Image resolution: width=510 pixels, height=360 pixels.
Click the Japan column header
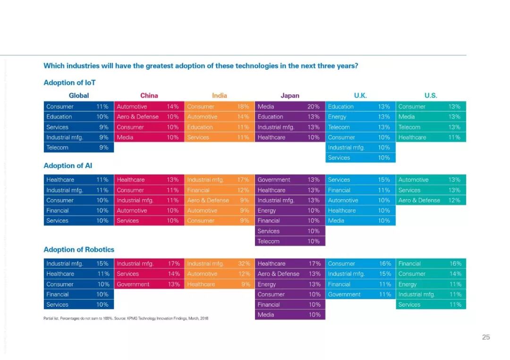coord(290,95)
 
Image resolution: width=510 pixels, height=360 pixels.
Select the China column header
coord(149,95)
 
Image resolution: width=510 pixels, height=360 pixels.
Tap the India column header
coord(219,95)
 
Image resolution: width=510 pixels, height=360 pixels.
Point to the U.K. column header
coord(360,95)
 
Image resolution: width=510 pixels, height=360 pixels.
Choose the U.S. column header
coord(431,95)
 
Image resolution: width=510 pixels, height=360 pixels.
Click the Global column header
coord(79,95)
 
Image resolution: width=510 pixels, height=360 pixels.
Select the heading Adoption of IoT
coord(69,83)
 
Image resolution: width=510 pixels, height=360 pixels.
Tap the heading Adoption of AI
coord(68,166)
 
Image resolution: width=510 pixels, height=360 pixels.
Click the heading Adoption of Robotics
coord(79,250)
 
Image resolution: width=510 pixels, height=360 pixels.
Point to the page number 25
coord(486,337)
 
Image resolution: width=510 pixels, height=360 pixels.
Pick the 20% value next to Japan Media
coord(314,107)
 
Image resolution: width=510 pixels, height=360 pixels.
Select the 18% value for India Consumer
coord(243,107)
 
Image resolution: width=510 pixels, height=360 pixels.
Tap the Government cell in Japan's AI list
coord(274,180)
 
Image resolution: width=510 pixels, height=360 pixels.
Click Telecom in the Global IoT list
coord(57,148)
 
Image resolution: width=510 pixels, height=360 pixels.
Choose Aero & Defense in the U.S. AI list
coord(419,200)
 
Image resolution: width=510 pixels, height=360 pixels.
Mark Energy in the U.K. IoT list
coord(337,117)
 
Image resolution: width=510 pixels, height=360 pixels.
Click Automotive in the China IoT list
coord(132,107)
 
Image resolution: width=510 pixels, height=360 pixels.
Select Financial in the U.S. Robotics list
coord(409,264)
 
